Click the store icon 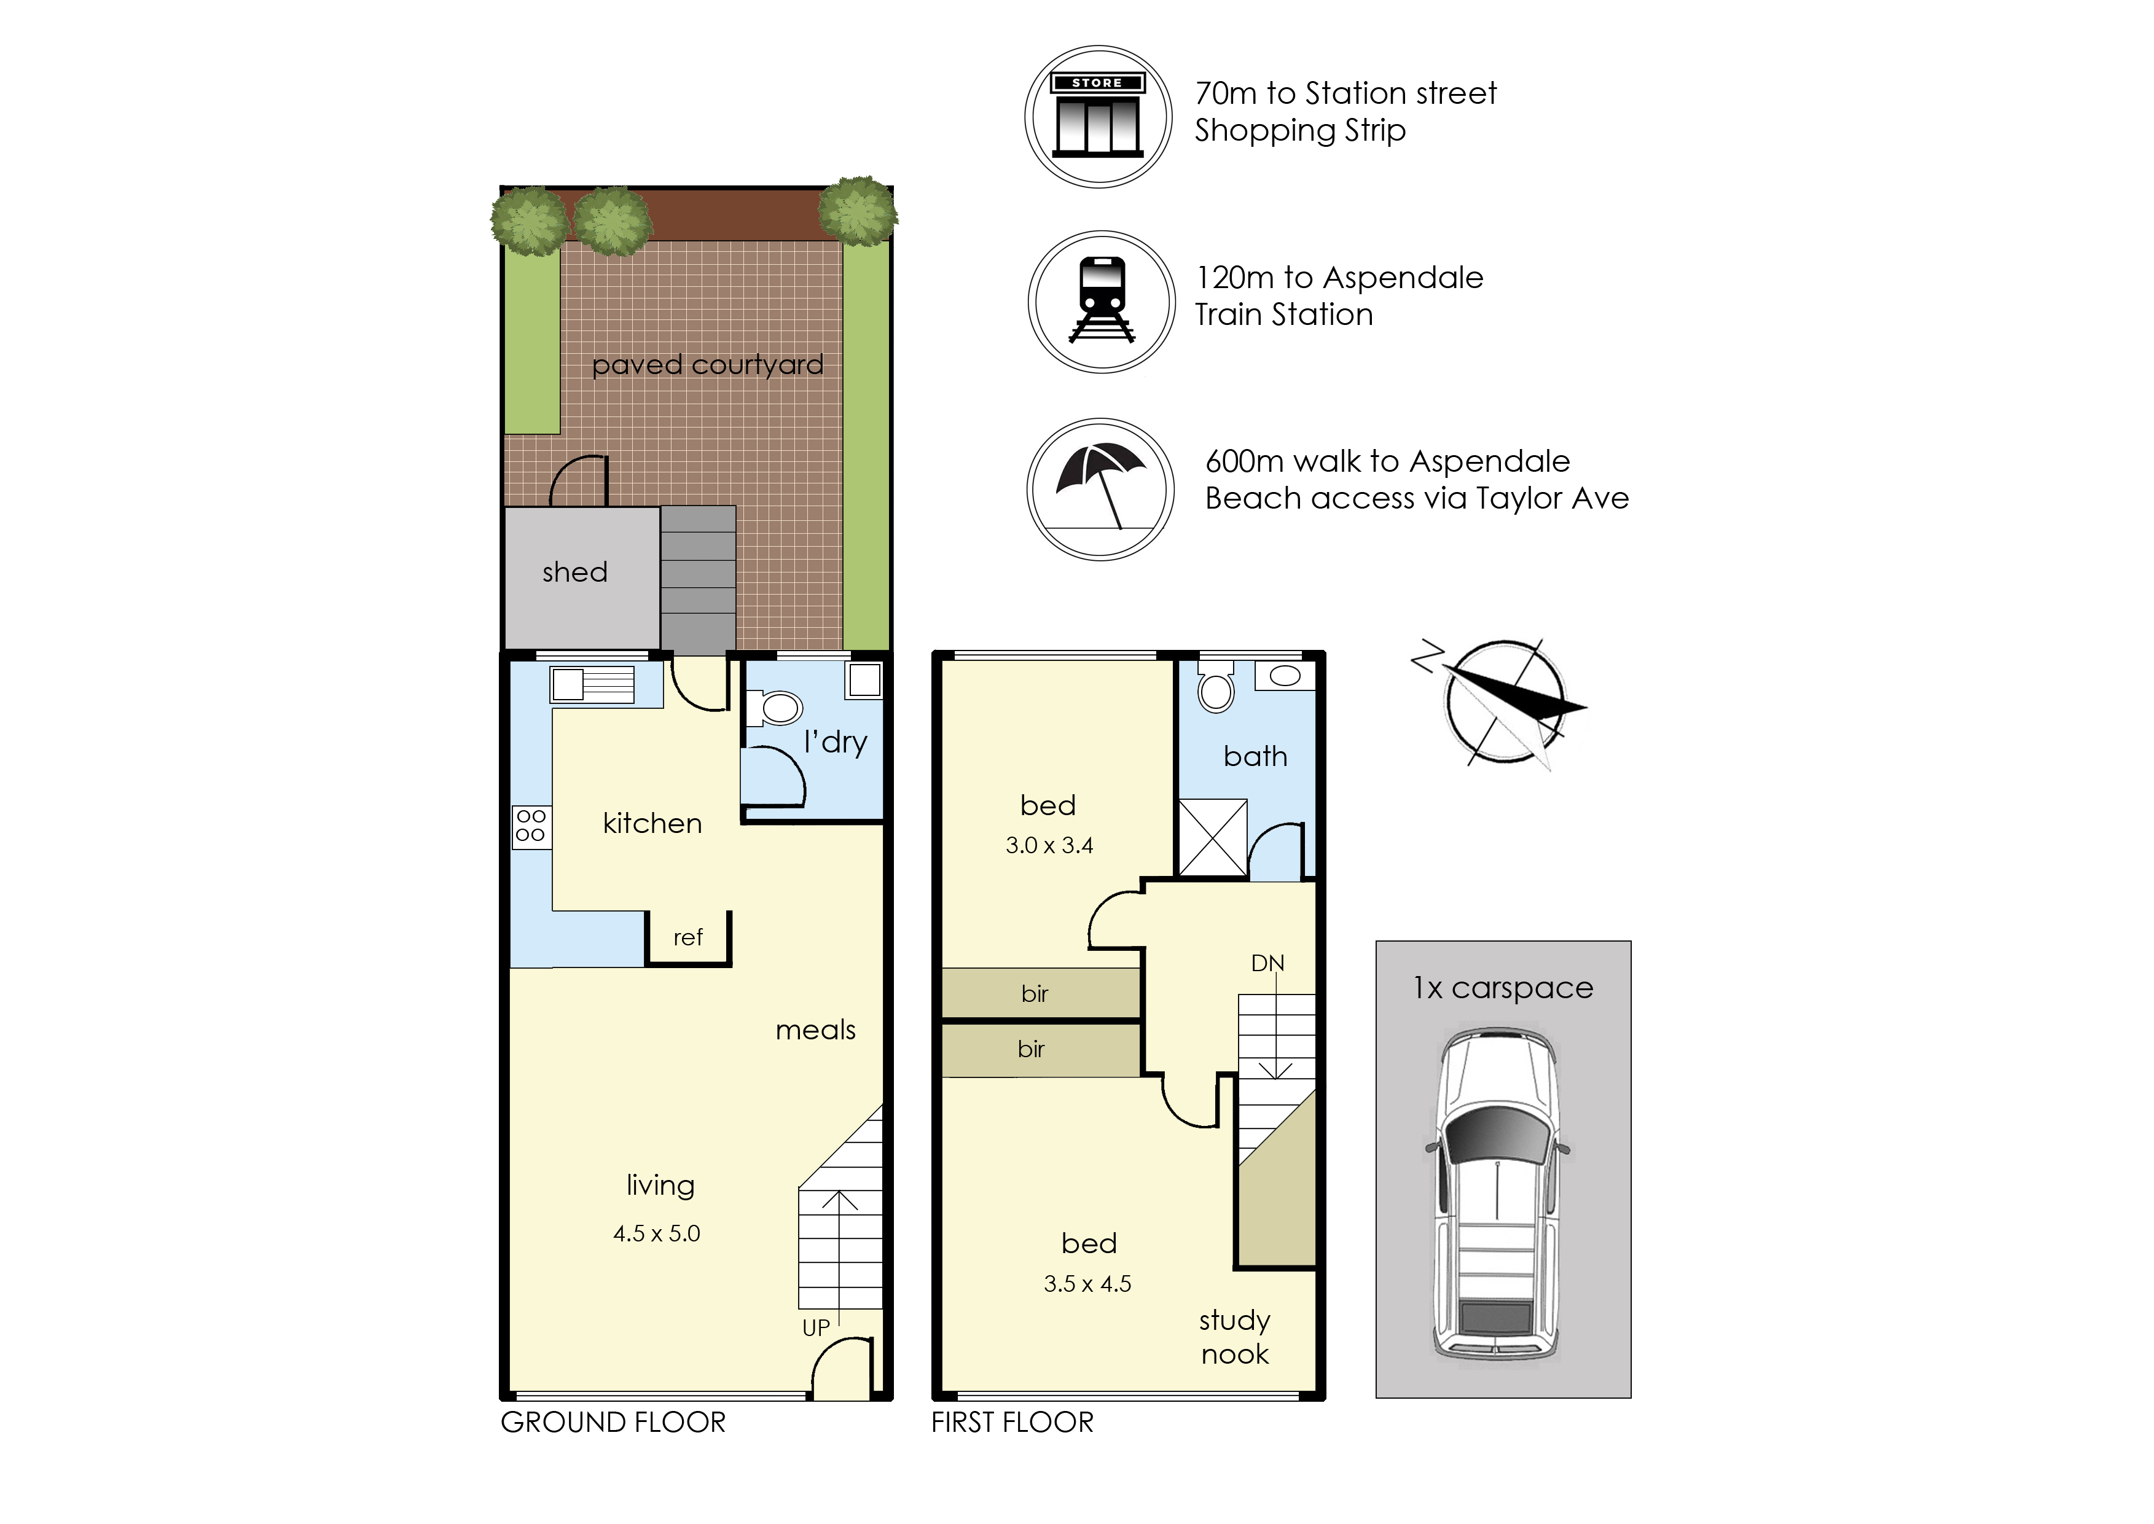click(x=1097, y=116)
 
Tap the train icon click(x=1102, y=301)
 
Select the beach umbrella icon click(x=1101, y=489)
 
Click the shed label click(x=574, y=572)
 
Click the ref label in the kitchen click(x=688, y=937)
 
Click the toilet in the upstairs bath click(x=1216, y=688)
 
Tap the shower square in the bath click(x=1213, y=838)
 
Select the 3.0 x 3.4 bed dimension click(x=1049, y=845)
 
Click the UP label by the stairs click(x=816, y=1328)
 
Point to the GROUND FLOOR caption click(x=613, y=1423)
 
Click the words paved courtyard click(x=708, y=365)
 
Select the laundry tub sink click(x=864, y=679)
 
